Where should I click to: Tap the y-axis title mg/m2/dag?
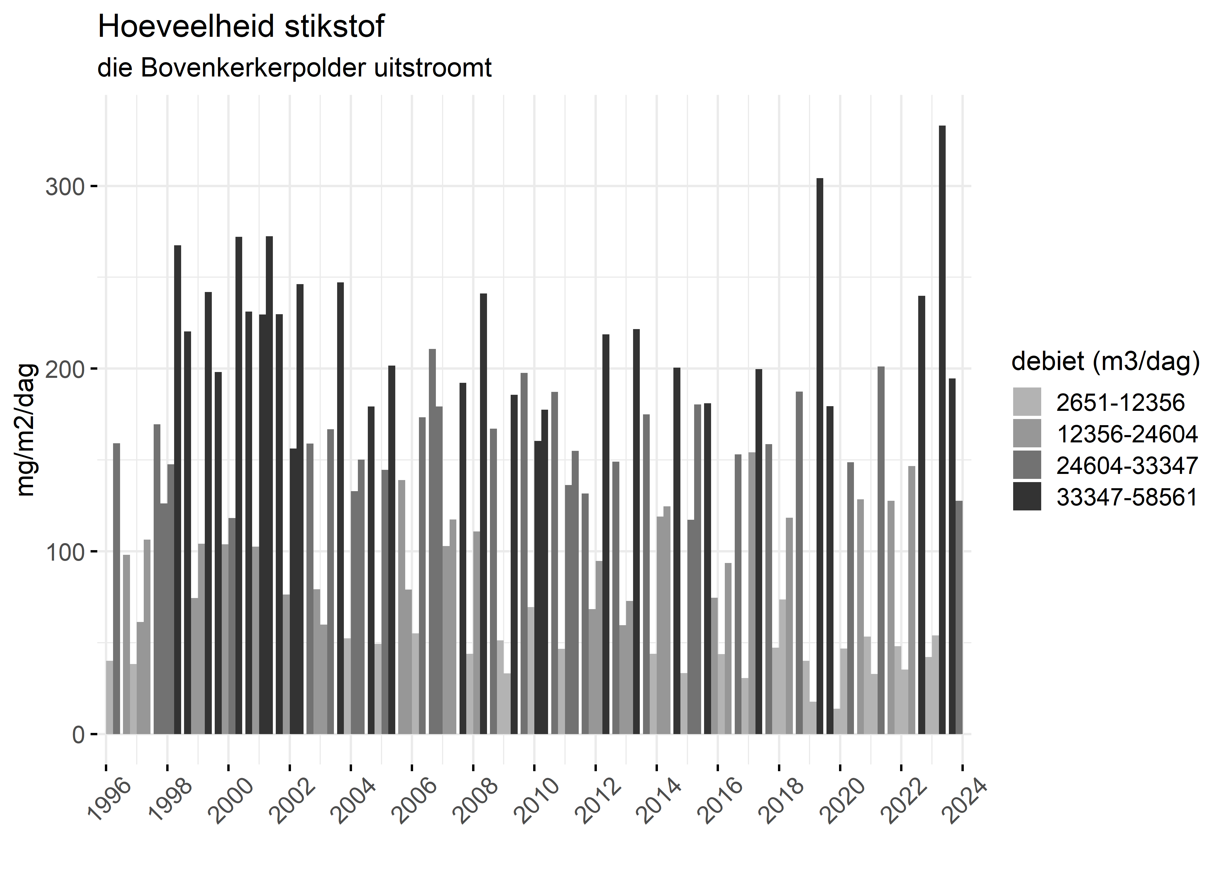click(x=26, y=430)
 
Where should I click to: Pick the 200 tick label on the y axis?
click(x=65, y=369)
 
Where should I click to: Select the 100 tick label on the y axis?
click(x=65, y=552)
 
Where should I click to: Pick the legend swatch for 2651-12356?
click(x=1027, y=402)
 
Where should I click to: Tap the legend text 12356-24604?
click(x=1127, y=434)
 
